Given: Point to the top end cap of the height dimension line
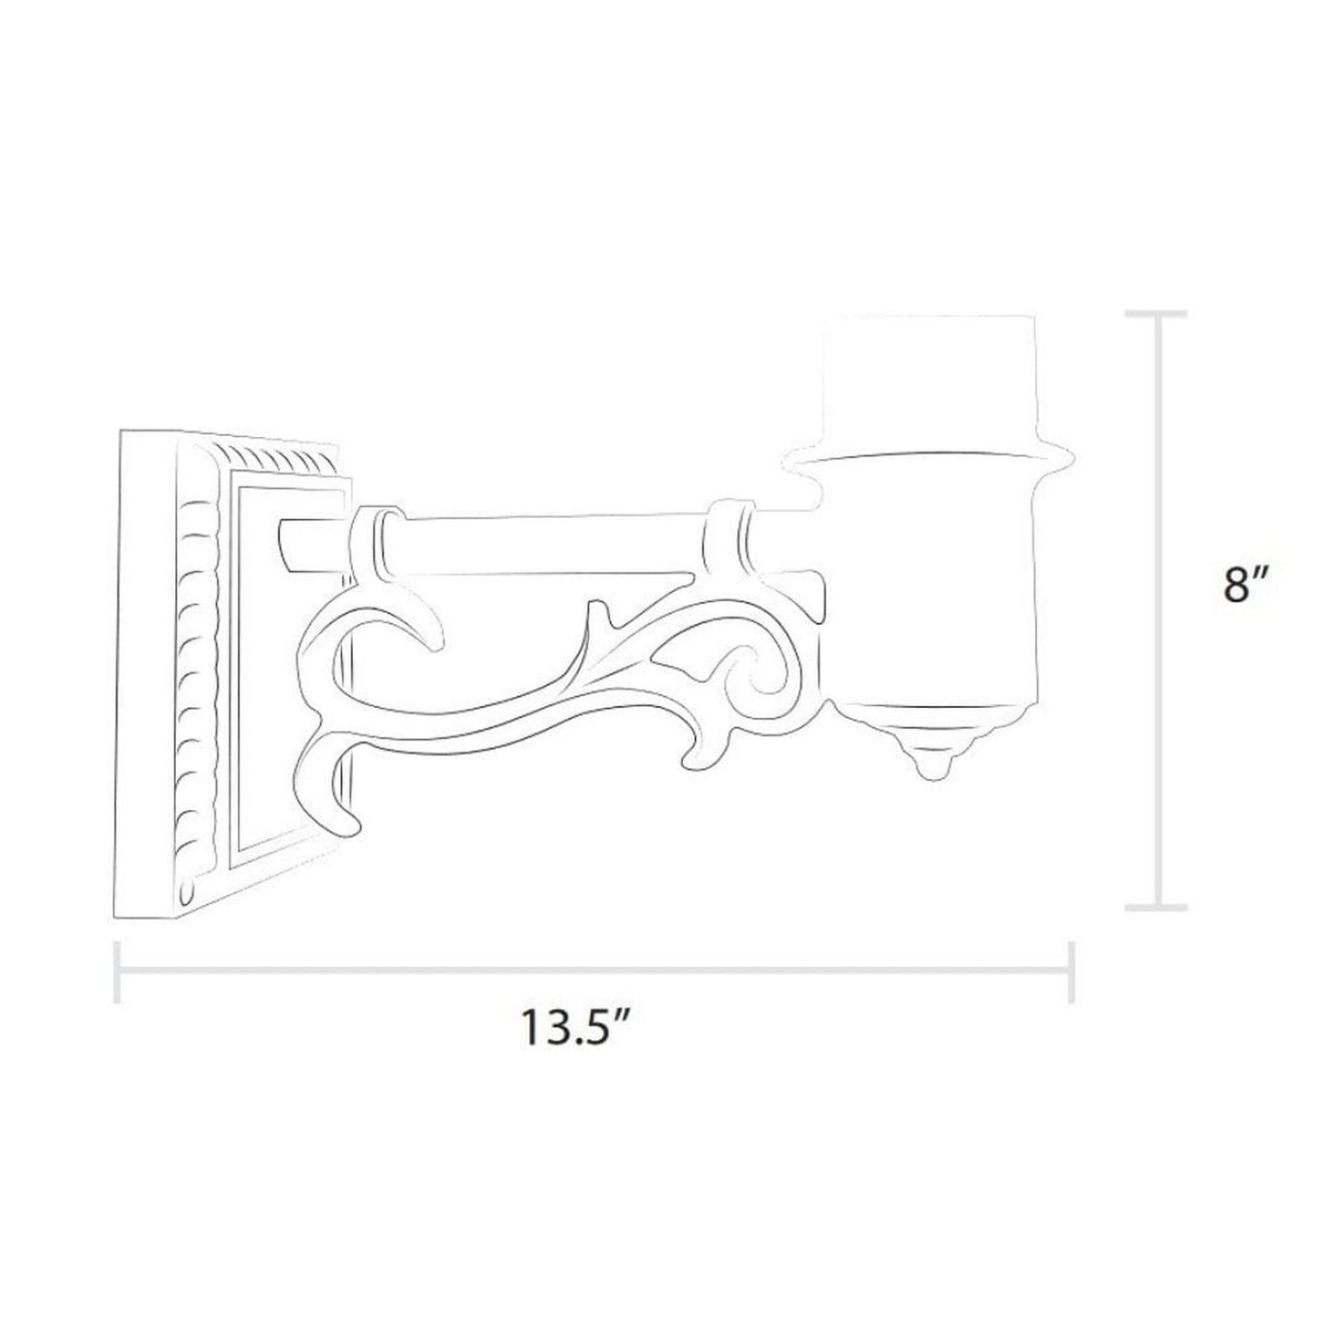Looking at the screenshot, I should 1157,314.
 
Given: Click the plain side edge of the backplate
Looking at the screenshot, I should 147,664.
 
